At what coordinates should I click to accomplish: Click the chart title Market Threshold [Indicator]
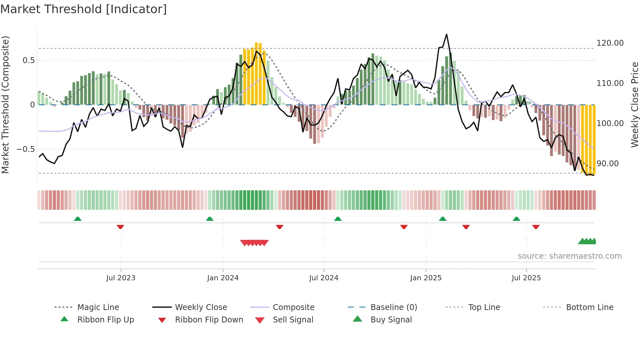click(x=84, y=9)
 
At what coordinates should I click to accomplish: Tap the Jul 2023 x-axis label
click(x=120, y=278)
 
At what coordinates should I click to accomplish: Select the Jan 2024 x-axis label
click(x=223, y=278)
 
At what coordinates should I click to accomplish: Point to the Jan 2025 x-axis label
click(x=426, y=278)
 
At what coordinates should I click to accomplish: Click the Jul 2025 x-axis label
click(x=526, y=278)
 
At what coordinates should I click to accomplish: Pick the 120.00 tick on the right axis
click(x=610, y=43)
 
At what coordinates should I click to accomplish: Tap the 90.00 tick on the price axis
click(x=608, y=164)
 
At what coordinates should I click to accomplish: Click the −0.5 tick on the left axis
click(x=25, y=149)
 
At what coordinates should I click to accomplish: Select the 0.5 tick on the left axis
click(x=28, y=60)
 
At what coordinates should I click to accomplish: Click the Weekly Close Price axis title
click(x=634, y=105)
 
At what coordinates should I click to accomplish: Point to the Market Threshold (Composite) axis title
click(x=5, y=105)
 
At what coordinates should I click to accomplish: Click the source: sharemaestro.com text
click(x=569, y=256)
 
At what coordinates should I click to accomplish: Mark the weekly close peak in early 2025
click(x=446, y=34)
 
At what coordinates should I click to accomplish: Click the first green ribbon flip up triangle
click(x=77, y=219)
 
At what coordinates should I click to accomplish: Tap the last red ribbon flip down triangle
click(x=536, y=227)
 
